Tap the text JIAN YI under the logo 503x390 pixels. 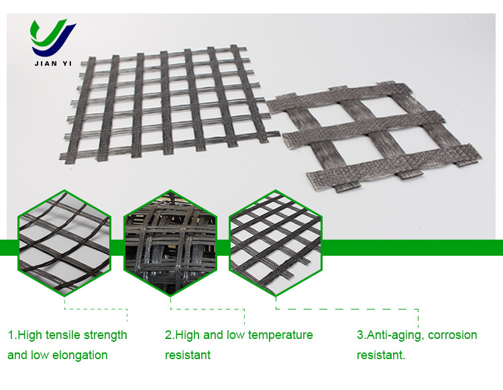53,64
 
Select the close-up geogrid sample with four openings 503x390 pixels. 374,136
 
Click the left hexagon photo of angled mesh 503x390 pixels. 64,243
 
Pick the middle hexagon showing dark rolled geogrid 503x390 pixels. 170,243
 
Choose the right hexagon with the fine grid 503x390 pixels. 276,243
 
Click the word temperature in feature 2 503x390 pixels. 280,336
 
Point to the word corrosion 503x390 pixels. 453,335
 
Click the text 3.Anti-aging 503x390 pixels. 391,336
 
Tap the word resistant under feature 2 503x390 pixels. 188,355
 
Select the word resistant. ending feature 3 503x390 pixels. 381,355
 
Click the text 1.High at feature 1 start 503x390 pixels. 25,336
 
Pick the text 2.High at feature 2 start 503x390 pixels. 182,336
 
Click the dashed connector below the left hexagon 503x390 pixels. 96,309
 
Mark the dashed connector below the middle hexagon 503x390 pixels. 207,309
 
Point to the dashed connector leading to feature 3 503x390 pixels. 347,309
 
